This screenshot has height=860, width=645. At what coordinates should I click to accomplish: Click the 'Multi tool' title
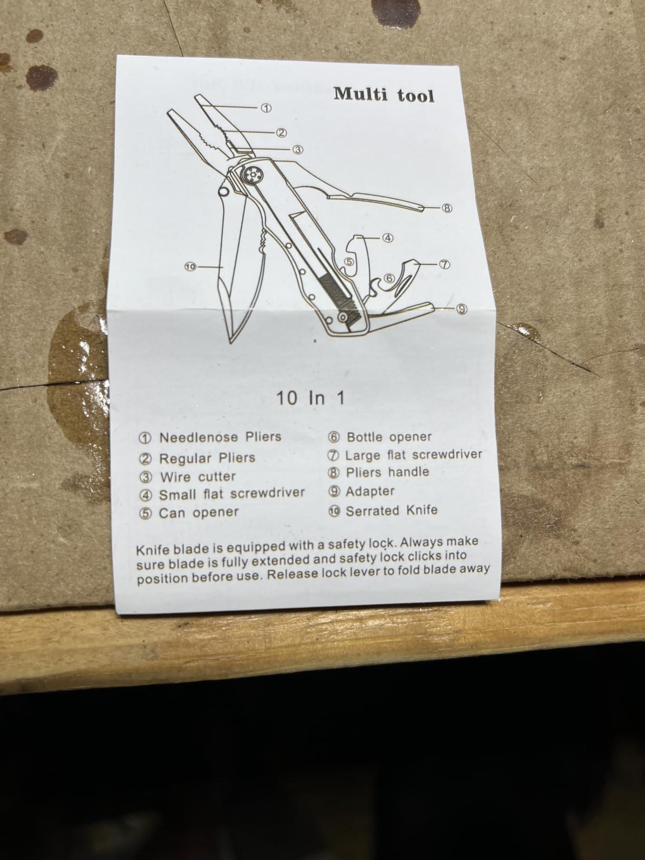(x=384, y=95)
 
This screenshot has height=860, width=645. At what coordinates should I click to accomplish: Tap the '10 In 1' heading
(x=310, y=398)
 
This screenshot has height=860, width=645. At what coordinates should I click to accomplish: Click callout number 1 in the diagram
(x=266, y=108)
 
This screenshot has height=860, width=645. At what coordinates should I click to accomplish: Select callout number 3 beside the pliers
(x=298, y=149)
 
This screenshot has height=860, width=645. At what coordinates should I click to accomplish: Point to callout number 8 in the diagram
(x=446, y=208)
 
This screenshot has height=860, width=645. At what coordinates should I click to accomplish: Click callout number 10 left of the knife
(x=190, y=267)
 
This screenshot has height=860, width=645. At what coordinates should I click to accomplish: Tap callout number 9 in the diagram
(x=462, y=309)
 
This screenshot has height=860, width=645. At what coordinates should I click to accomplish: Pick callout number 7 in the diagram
(x=444, y=265)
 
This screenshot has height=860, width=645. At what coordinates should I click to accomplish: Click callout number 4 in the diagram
(x=387, y=238)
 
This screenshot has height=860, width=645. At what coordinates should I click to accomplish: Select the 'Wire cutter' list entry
(x=198, y=477)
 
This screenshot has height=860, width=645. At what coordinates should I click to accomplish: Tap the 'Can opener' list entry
(x=199, y=513)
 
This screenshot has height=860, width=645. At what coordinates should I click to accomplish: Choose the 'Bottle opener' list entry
(x=389, y=437)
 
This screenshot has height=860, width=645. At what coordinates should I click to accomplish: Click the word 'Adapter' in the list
(x=370, y=491)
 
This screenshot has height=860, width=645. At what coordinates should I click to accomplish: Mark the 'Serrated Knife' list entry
(x=392, y=511)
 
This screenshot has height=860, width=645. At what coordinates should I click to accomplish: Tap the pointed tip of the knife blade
(x=230, y=343)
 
